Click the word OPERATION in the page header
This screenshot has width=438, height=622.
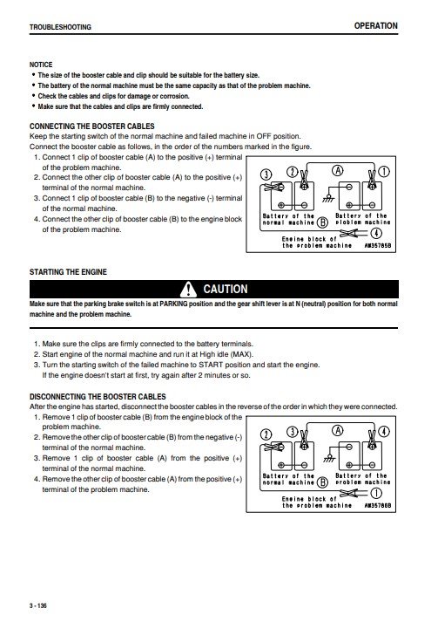(x=375, y=26)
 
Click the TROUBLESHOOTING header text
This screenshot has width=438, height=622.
(x=60, y=27)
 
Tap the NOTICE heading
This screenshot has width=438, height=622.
(x=41, y=65)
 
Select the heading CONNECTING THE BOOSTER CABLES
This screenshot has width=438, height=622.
(x=92, y=126)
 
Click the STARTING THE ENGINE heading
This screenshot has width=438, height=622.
(x=68, y=271)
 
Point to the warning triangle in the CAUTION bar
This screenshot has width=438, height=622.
(x=188, y=289)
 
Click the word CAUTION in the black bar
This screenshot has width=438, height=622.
(x=226, y=289)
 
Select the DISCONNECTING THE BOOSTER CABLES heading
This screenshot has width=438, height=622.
(x=98, y=396)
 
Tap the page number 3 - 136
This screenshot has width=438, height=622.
(x=38, y=605)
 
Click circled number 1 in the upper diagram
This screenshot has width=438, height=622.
(x=384, y=172)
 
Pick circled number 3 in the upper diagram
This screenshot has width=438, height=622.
(x=266, y=174)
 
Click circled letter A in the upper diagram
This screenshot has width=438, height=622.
(x=337, y=171)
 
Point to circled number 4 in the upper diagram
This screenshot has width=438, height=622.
(x=376, y=233)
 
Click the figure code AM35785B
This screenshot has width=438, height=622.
(x=377, y=246)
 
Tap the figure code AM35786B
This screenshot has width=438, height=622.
(x=377, y=506)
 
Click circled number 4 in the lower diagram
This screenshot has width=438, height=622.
(x=384, y=432)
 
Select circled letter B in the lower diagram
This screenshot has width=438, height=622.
(x=323, y=482)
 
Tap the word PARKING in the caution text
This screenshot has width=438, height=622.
(x=173, y=304)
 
